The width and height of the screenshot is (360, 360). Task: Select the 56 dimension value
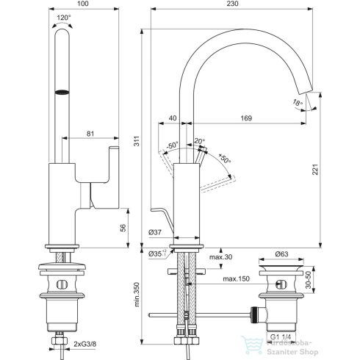point(132,227)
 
